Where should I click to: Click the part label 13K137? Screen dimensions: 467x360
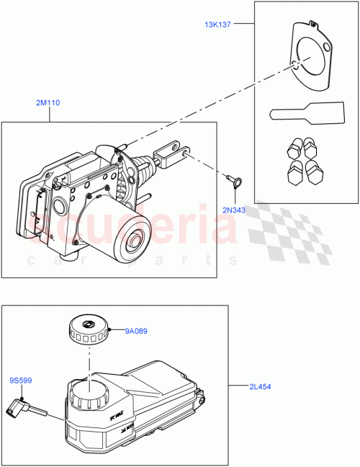tap(217, 25)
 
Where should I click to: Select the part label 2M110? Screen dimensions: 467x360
tap(48, 103)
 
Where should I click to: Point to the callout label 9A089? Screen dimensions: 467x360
tap(136, 332)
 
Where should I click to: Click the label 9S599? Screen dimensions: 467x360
tap(21, 381)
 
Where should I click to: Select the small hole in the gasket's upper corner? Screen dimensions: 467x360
tap(329, 48)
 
